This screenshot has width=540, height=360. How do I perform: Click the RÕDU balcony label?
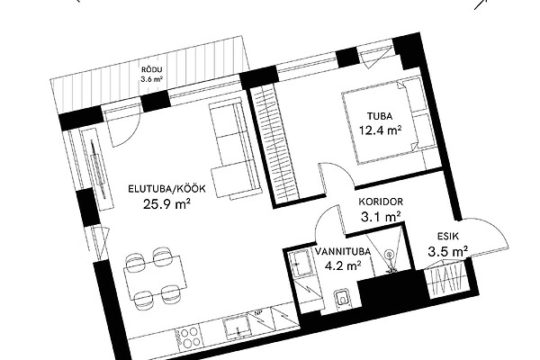(x=151, y=70)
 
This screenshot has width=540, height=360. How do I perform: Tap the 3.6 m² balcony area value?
(x=151, y=79)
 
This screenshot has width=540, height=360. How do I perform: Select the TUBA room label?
(x=380, y=116)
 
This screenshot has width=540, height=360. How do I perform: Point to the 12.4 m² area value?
(x=381, y=130)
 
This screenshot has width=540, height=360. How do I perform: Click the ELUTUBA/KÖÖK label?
(x=167, y=189)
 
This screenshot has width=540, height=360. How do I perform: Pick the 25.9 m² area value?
(x=167, y=204)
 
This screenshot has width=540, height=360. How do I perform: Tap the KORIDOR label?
(x=381, y=202)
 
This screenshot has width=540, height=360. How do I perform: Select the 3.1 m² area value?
(x=381, y=217)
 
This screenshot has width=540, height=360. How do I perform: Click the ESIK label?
(x=448, y=237)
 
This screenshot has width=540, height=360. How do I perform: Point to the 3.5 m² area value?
(x=448, y=251)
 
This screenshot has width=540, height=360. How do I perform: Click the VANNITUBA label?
(x=343, y=251)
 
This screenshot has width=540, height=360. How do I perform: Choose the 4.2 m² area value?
(x=343, y=265)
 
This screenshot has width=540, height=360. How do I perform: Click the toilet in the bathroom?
(x=342, y=298)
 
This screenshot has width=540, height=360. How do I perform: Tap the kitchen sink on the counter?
(x=238, y=325)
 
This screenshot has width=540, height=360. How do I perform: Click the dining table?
(x=155, y=277)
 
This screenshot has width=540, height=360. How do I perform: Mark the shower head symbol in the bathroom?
(x=390, y=256)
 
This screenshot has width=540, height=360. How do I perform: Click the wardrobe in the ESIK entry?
(x=446, y=279)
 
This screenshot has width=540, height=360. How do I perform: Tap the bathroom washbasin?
(x=301, y=264)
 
